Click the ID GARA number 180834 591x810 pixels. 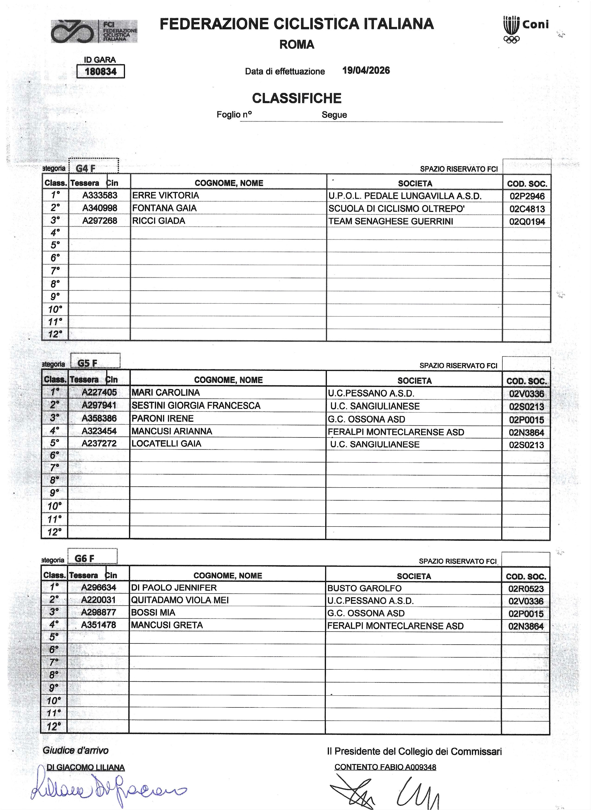point(101,71)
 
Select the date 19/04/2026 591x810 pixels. point(366,71)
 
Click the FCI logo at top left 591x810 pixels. point(94,32)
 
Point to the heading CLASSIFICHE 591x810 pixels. point(297,98)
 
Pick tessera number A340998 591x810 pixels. point(100,208)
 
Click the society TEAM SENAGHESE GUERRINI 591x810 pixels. point(391,221)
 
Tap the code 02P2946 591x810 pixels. point(527,196)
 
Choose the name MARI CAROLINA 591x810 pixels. point(166,392)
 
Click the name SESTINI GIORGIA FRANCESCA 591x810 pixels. point(196,405)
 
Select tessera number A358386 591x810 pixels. point(99,418)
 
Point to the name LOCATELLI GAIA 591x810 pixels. point(166,444)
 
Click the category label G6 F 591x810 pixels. point(84,558)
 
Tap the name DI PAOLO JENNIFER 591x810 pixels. point(174,588)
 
